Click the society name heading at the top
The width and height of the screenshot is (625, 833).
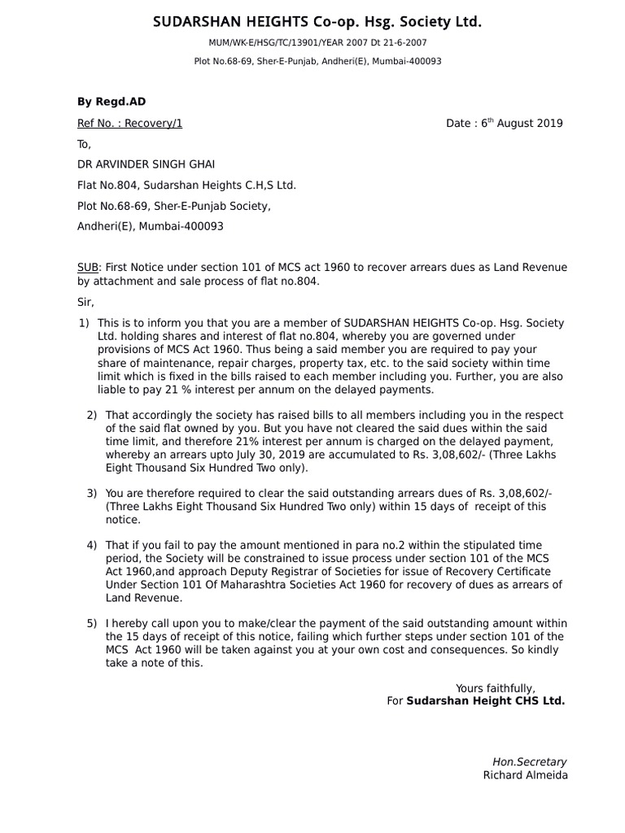click(x=317, y=23)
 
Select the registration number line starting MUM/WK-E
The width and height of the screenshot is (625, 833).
click(x=317, y=42)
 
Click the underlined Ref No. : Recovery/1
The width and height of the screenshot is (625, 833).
click(x=129, y=124)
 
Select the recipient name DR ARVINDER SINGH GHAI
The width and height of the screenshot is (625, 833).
click(x=146, y=164)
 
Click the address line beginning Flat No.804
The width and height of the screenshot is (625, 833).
click(x=186, y=185)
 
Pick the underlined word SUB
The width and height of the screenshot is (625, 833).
click(x=87, y=268)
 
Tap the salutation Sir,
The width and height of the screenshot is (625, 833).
click(x=85, y=303)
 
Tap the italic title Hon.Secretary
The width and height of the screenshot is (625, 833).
click(x=530, y=762)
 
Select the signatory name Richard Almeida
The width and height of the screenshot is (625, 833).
click(x=525, y=775)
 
